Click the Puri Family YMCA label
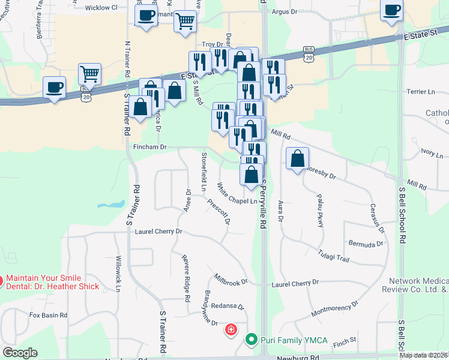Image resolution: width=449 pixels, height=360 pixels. coord(294,340)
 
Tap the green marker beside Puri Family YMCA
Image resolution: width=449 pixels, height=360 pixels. coord(252,340)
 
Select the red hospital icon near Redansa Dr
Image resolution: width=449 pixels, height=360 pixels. coord(231,329)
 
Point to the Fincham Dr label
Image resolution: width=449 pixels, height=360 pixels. coord(151,146)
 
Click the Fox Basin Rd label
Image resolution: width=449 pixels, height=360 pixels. coord(46,315)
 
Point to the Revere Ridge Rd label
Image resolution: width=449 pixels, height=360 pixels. coord(187,277)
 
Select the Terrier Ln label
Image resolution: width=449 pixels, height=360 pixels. coord(421,92)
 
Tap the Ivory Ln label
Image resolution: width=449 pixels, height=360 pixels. coord(432,152)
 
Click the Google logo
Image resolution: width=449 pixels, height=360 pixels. coord(20,353)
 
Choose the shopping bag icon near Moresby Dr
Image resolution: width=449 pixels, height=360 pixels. coord(297,160)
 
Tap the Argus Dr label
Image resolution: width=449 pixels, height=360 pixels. coord(285,11)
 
